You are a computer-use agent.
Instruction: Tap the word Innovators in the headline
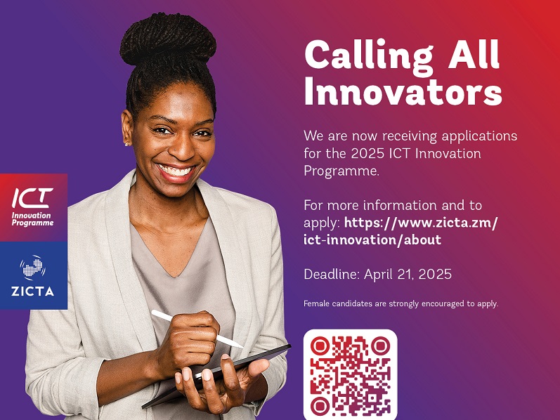pyautogui.click(x=403, y=92)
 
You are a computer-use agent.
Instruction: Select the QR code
pyautogui.click(x=350, y=374)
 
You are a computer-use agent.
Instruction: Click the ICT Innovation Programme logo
pyautogui.click(x=33, y=207)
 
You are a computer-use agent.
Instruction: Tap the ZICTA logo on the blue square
pyautogui.click(x=33, y=275)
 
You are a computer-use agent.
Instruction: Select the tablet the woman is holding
pyautogui.click(x=225, y=372)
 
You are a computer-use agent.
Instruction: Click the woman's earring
pyautogui.click(x=127, y=144)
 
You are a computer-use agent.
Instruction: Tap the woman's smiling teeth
pyautogui.click(x=176, y=171)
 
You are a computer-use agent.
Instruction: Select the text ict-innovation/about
pyautogui.click(x=372, y=240)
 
